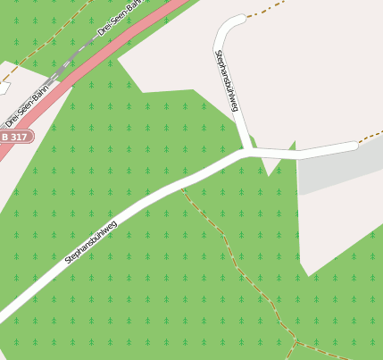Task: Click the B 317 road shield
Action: tap(14, 137)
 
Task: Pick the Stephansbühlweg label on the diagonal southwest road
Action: tap(91, 241)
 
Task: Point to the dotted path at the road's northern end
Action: tap(259, 13)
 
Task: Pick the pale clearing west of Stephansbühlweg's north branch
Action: tap(174, 54)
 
